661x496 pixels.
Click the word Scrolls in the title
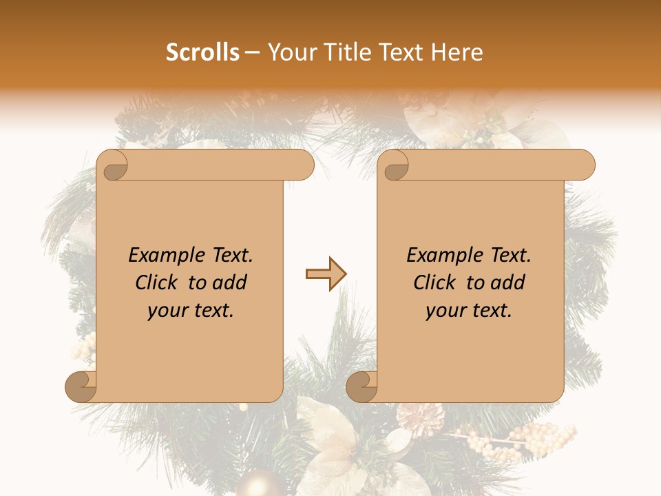(203, 52)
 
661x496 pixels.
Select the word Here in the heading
(458, 52)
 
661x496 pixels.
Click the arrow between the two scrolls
(326, 274)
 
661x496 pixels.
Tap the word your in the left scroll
(167, 311)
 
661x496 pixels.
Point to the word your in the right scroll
(445, 311)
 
